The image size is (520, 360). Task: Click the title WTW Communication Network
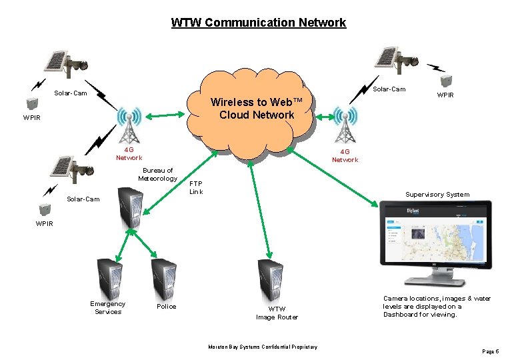(x=259, y=23)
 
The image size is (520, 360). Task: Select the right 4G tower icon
(x=345, y=125)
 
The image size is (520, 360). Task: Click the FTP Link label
(x=196, y=187)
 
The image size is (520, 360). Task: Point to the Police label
(x=167, y=307)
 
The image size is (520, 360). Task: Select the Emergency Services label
(x=108, y=308)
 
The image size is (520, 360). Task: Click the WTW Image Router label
(x=277, y=313)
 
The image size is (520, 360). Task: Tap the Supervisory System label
(x=437, y=195)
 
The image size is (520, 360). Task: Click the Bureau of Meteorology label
(x=158, y=175)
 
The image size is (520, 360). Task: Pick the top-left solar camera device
(x=66, y=61)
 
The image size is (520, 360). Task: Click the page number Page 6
(x=489, y=351)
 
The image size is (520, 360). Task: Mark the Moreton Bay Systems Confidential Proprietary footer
(x=263, y=347)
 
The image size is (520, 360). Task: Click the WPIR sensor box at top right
(x=445, y=80)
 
